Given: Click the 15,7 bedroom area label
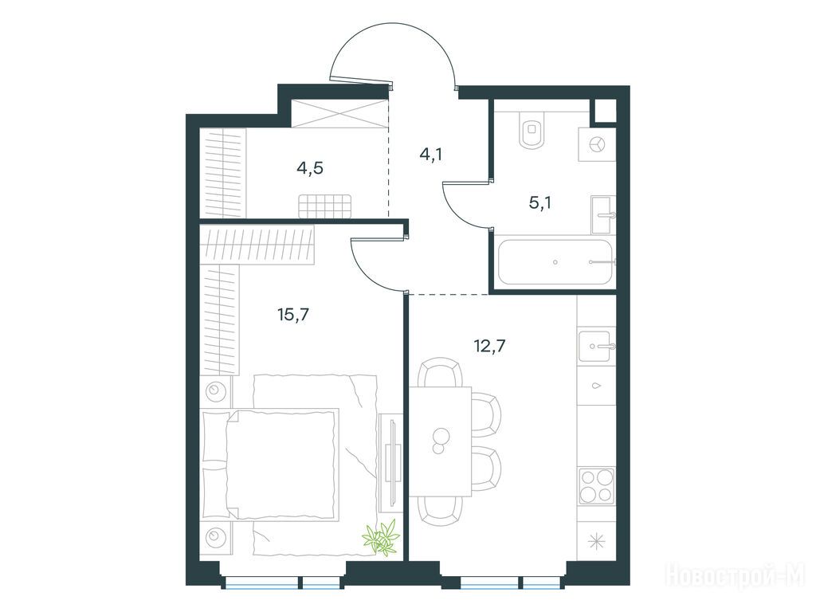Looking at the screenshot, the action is coord(294,314).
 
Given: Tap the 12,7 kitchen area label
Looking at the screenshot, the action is coord(490,346).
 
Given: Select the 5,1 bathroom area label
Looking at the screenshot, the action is coord(540,202).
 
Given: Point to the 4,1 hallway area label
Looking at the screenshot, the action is coord(431,154).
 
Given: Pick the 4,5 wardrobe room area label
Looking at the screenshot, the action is coord(310,168).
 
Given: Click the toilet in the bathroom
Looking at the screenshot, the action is coord(532,129).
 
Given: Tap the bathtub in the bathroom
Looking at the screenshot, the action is coord(555,261).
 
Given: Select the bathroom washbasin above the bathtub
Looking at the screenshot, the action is coord(603,214).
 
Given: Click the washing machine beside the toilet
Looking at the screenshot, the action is coord(597,143).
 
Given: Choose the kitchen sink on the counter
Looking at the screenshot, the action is coord(596,346).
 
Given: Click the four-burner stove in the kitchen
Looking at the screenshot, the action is coord(597,485).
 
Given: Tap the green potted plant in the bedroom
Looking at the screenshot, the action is coord(382,538).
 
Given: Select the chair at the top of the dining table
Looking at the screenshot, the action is coord(440,371).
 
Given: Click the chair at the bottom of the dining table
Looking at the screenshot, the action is coord(440,511).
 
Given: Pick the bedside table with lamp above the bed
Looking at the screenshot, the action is coord(216,390).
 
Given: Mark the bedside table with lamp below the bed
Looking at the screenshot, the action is coord(216,536).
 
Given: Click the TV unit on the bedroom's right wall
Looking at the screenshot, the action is coord(390,463).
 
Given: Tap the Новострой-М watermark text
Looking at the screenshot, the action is coord(736,575).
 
